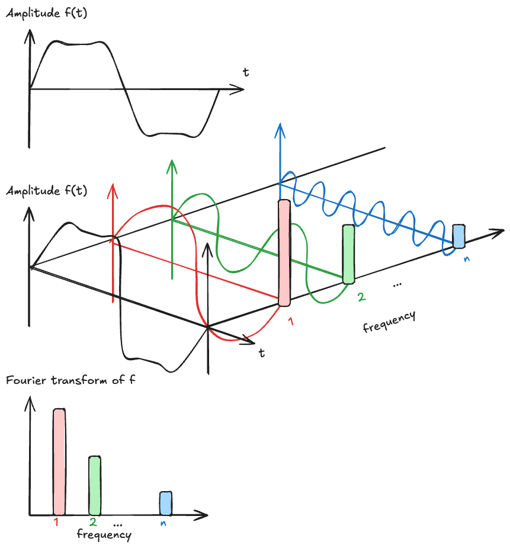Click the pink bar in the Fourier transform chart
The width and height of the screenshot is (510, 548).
click(59, 461)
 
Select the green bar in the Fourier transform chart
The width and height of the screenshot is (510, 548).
click(95, 485)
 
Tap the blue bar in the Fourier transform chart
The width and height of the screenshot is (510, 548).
click(166, 503)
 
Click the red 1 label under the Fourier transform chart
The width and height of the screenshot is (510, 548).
click(56, 523)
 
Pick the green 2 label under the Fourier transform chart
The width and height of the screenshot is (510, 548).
click(94, 523)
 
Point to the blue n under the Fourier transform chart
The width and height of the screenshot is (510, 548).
click(163, 523)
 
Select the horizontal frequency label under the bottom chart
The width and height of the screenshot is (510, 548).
click(104, 535)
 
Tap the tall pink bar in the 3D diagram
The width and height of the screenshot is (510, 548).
click(284, 253)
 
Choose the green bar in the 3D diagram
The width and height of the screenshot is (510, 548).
click(348, 254)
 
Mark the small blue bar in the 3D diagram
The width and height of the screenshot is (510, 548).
click(458, 236)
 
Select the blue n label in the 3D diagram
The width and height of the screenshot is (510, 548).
click(467, 259)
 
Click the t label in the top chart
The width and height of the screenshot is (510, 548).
click(245, 72)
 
